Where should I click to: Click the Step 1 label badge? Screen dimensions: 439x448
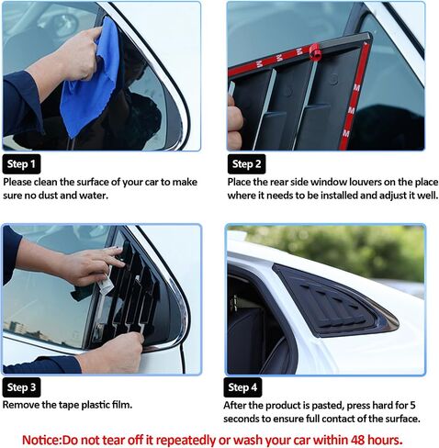21,164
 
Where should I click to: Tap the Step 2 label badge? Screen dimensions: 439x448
246,164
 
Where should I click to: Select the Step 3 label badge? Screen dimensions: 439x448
21,387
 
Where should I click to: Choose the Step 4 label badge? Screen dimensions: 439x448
242,387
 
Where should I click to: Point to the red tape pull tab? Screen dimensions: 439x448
314,51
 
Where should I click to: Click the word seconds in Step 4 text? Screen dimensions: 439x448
242,419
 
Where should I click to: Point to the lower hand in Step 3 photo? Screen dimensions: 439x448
112,352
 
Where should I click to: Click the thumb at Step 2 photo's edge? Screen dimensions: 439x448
235,122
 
